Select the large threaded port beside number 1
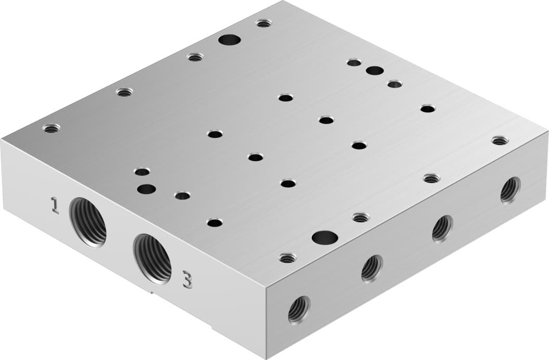(x=88, y=222)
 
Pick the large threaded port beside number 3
(x=152, y=259)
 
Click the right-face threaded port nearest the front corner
(x=299, y=310)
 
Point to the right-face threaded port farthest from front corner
(x=510, y=190)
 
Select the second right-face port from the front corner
(x=372, y=268)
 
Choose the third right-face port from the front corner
(x=442, y=228)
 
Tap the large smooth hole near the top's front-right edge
(x=325, y=238)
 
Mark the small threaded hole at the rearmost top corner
(x=264, y=23)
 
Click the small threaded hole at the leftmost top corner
(x=51, y=128)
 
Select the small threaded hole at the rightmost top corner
(x=500, y=140)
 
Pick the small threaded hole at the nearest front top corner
(x=287, y=258)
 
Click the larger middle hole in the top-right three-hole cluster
(x=374, y=71)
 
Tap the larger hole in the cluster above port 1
(x=147, y=189)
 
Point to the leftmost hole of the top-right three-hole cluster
(x=354, y=63)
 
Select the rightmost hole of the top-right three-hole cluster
(x=395, y=84)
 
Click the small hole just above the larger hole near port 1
(x=141, y=172)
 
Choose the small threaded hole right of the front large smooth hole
(x=360, y=217)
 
